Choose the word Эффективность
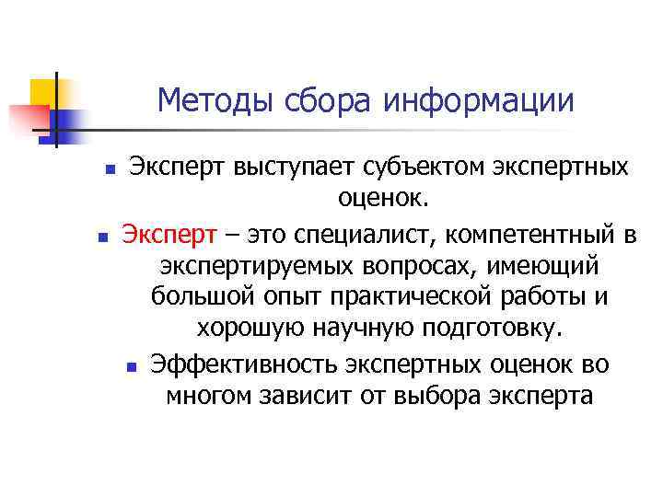244,364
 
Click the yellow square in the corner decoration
45,92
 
